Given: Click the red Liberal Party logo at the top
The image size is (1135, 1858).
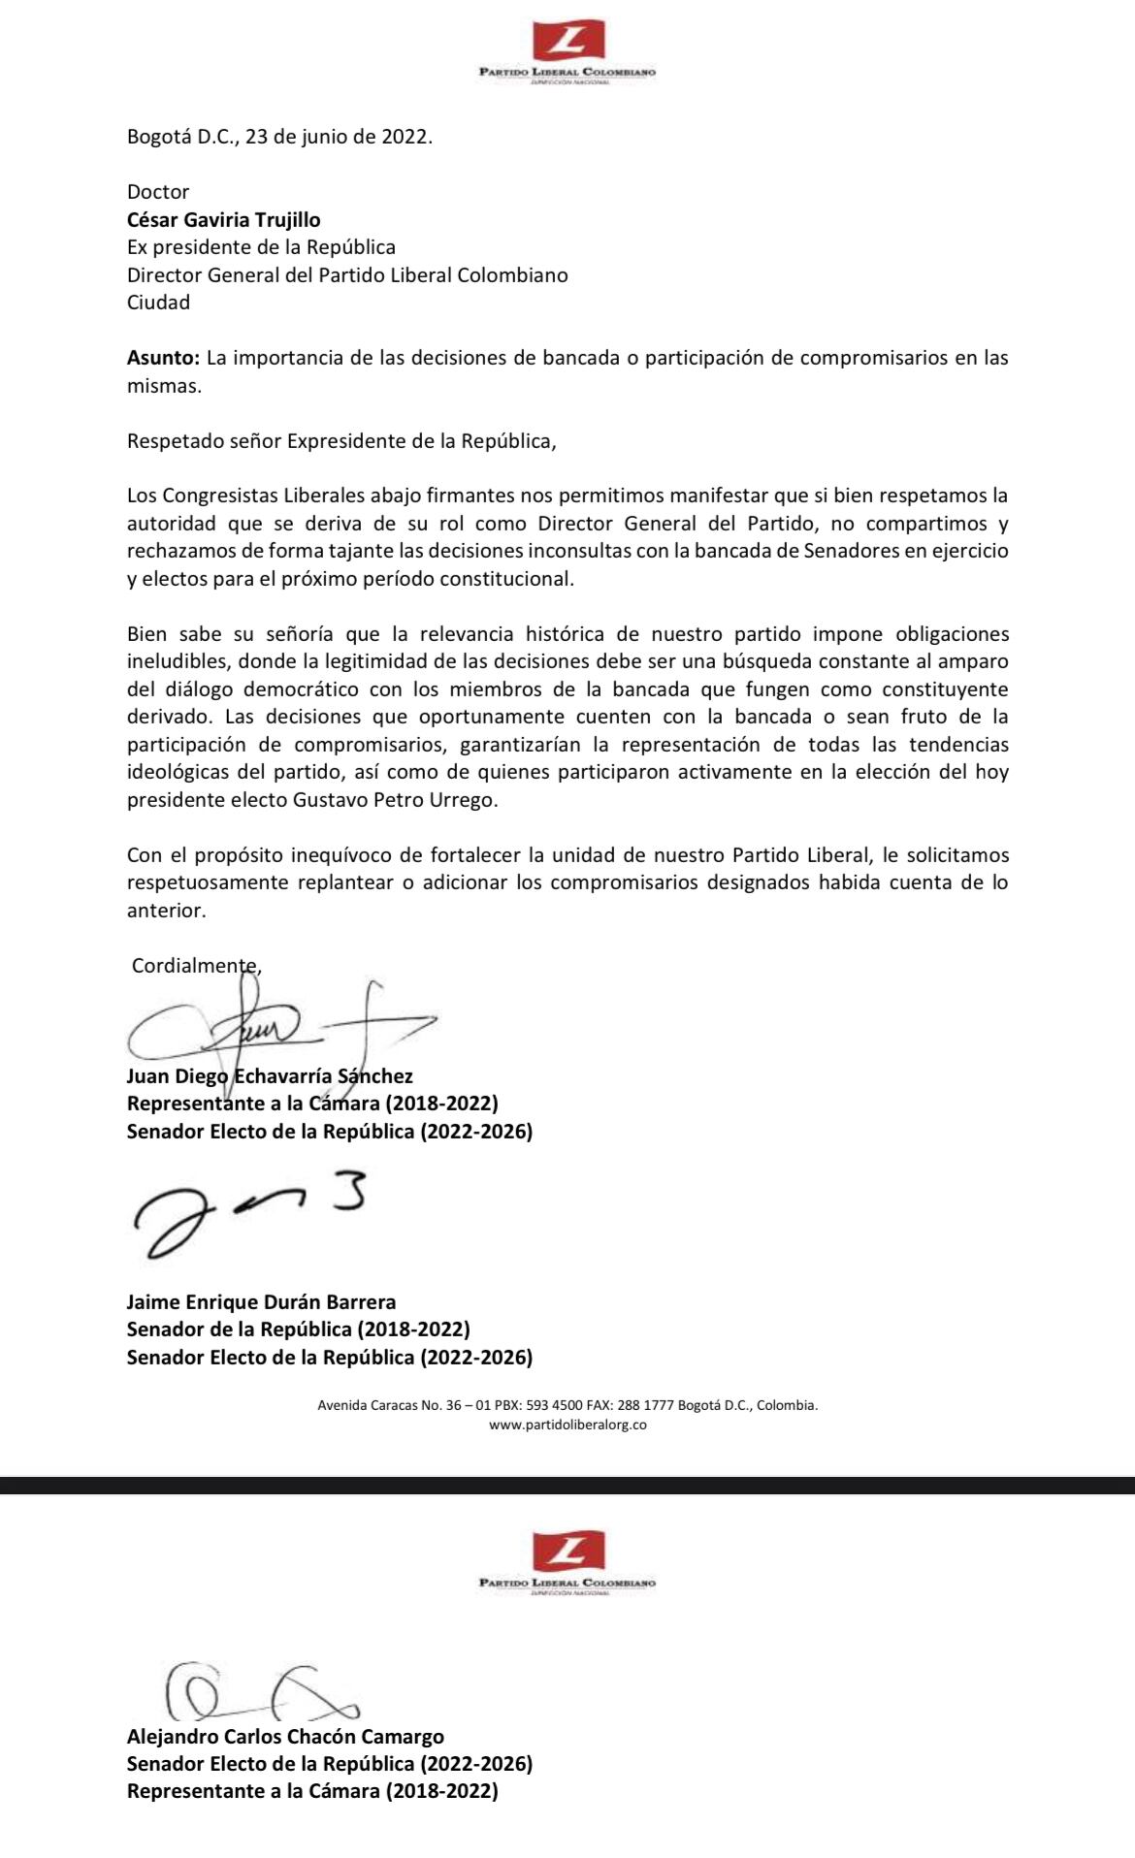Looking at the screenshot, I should tap(568, 41).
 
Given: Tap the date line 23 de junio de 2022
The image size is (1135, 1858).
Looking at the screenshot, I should tap(279, 137).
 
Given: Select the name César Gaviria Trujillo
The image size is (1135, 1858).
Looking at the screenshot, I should tap(223, 220).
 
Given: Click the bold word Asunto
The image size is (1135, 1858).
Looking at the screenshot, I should tap(163, 358).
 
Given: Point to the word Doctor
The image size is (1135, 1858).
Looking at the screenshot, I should tap(158, 192).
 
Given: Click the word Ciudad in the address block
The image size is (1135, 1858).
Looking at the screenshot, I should tap(158, 303).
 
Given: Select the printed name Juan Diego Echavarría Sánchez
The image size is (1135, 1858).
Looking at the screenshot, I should tap(270, 1076).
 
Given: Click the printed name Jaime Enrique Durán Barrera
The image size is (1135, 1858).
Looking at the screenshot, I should tap(261, 1302).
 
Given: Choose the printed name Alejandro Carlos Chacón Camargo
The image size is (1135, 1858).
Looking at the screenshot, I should tap(285, 1737).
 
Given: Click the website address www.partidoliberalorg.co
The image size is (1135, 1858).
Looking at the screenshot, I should tap(567, 1425).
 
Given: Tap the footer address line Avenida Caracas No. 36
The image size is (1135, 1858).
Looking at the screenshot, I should tap(567, 1404).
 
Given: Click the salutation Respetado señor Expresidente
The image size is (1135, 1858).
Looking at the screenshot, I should tap(341, 441).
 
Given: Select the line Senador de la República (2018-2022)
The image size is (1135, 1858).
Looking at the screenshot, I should tap(298, 1329).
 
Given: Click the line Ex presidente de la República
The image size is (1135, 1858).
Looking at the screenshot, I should tap(261, 247).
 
